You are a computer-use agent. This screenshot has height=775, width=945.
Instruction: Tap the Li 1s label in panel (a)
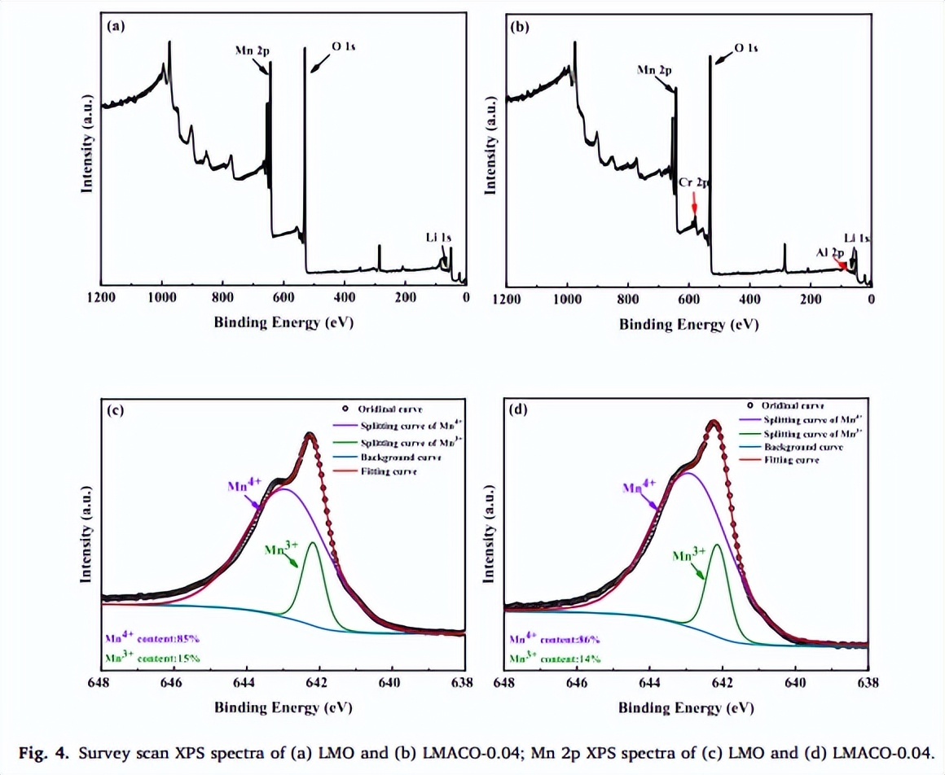[438, 237]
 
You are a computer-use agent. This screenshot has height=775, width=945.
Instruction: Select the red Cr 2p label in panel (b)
[694, 185]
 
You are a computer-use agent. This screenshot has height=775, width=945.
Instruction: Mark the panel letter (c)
[116, 409]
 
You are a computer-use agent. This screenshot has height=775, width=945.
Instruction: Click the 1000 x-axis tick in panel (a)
[161, 297]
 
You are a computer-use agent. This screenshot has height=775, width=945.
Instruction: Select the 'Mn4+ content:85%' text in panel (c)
[152, 638]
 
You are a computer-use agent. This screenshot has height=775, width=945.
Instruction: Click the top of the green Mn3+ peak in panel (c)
[313, 542]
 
